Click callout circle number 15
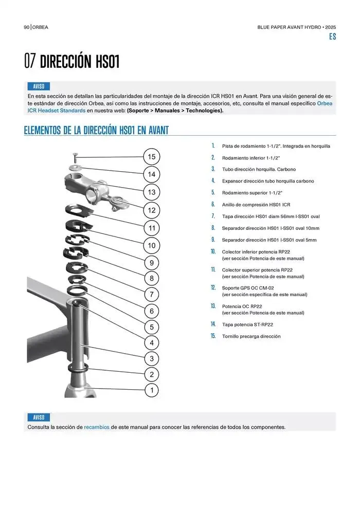click(151, 157)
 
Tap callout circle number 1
click(151, 391)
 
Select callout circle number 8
click(151, 279)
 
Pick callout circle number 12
click(151, 210)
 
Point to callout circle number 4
click(151, 342)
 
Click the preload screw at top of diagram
click(75, 155)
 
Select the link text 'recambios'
click(97, 427)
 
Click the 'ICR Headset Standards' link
click(57, 110)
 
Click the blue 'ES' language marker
click(332, 37)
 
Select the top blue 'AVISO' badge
click(39, 86)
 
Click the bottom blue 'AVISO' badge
click(39, 417)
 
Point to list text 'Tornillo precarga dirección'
click(251, 336)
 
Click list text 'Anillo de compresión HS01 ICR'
click(256, 204)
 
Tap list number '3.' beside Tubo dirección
click(213, 169)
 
